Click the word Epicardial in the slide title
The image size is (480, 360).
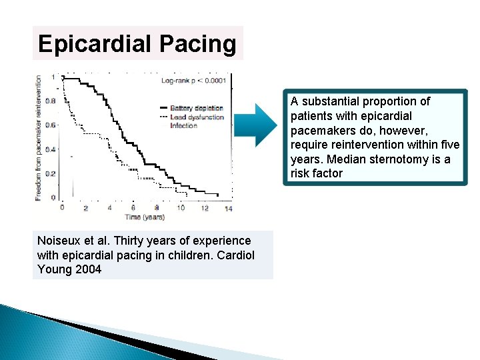(93, 44)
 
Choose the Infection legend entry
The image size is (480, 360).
(184, 125)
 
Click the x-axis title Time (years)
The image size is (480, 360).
(143, 217)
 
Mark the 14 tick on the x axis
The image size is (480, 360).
(227, 208)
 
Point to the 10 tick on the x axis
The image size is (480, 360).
(180, 208)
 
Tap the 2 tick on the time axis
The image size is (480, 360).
(86, 208)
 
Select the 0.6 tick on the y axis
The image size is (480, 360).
(51, 125)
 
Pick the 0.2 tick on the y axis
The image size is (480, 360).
(51, 173)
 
